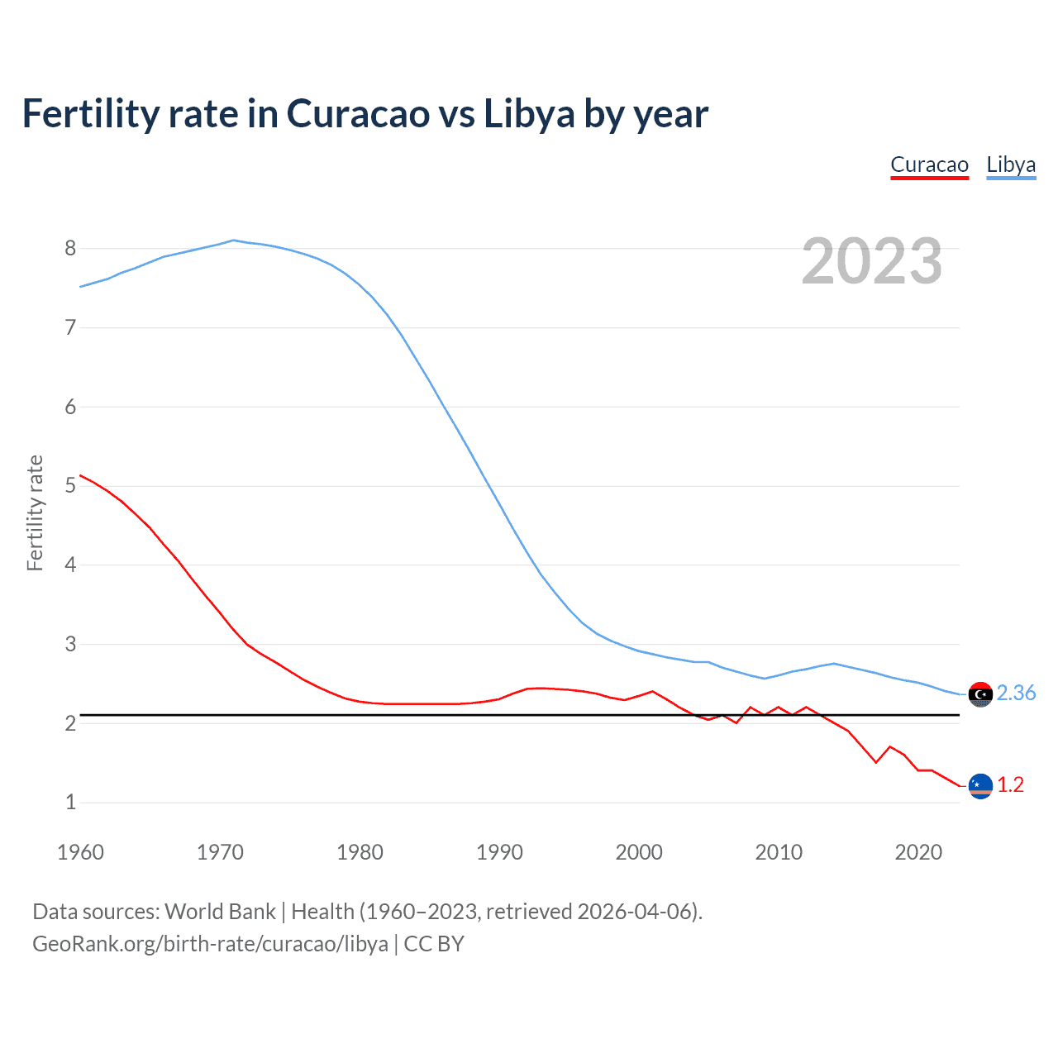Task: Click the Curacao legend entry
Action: pyautogui.click(x=929, y=164)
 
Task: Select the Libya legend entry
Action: pyautogui.click(x=1011, y=164)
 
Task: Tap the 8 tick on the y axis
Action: pyautogui.click(x=70, y=248)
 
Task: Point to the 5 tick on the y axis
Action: pyautogui.click(x=70, y=485)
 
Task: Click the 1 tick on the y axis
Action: pyautogui.click(x=70, y=802)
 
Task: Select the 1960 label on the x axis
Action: pyautogui.click(x=80, y=852)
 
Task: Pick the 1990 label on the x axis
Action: pyautogui.click(x=499, y=852)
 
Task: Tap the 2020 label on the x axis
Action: pyautogui.click(x=918, y=852)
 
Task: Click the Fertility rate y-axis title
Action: pyautogui.click(x=35, y=512)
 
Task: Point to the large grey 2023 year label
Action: pyautogui.click(x=871, y=261)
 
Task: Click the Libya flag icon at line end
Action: pyautogui.click(x=980, y=694)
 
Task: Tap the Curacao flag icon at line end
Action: pyautogui.click(x=980, y=785)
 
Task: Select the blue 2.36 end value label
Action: pyautogui.click(x=1016, y=693)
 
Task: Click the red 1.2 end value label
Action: pyautogui.click(x=1010, y=784)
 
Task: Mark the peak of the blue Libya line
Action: pyautogui.click(x=234, y=240)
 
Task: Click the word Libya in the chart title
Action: pyautogui.click(x=529, y=114)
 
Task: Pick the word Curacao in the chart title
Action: pyautogui.click(x=357, y=114)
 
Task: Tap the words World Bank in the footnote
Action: pyautogui.click(x=220, y=912)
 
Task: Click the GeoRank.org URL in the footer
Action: pyautogui.click(x=210, y=944)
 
